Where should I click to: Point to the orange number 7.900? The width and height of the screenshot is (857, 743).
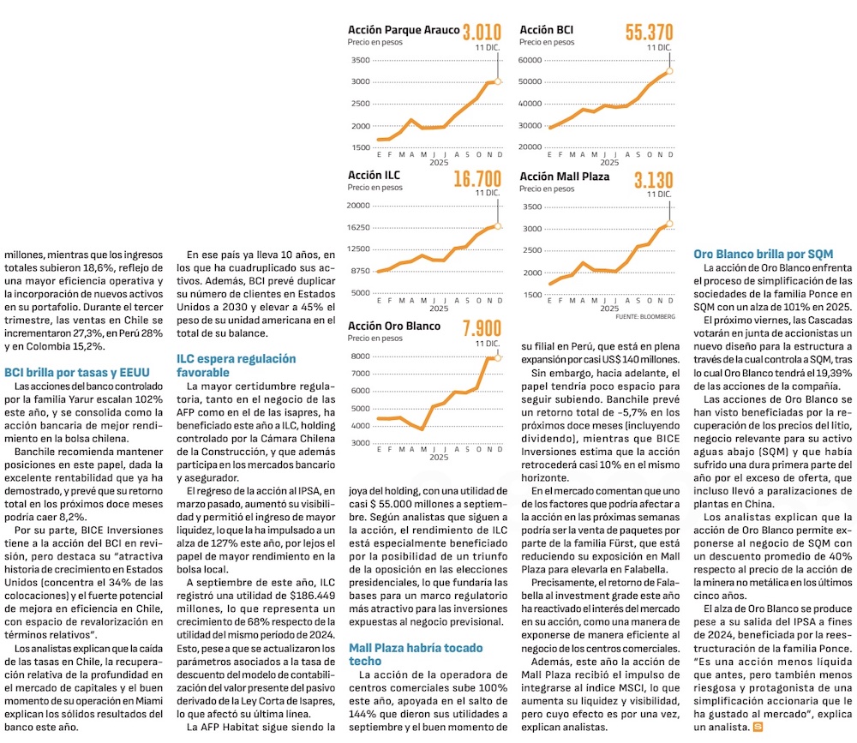coord(482,329)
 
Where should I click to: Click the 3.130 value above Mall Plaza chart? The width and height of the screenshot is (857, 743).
coord(653,180)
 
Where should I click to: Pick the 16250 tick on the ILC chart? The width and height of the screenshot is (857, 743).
coord(359,227)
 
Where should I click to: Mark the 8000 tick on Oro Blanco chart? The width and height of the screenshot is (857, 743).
coord(361,356)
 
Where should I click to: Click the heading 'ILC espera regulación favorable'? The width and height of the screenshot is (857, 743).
coord(236,366)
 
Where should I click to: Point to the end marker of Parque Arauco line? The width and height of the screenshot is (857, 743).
coord(498,81)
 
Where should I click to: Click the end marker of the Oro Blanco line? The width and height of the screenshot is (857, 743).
coord(498,357)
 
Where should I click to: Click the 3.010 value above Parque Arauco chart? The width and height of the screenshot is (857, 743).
coord(482,33)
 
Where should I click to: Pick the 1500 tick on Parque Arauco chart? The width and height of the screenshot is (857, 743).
coord(361,147)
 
